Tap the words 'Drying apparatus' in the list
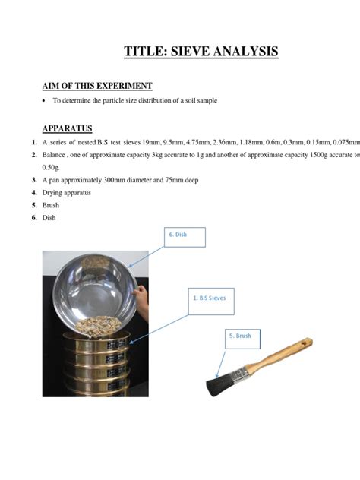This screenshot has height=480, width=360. (x=66, y=193)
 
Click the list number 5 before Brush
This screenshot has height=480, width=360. (x=34, y=206)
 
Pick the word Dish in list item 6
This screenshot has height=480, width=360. (x=49, y=219)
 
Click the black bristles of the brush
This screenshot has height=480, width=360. (x=216, y=384)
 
